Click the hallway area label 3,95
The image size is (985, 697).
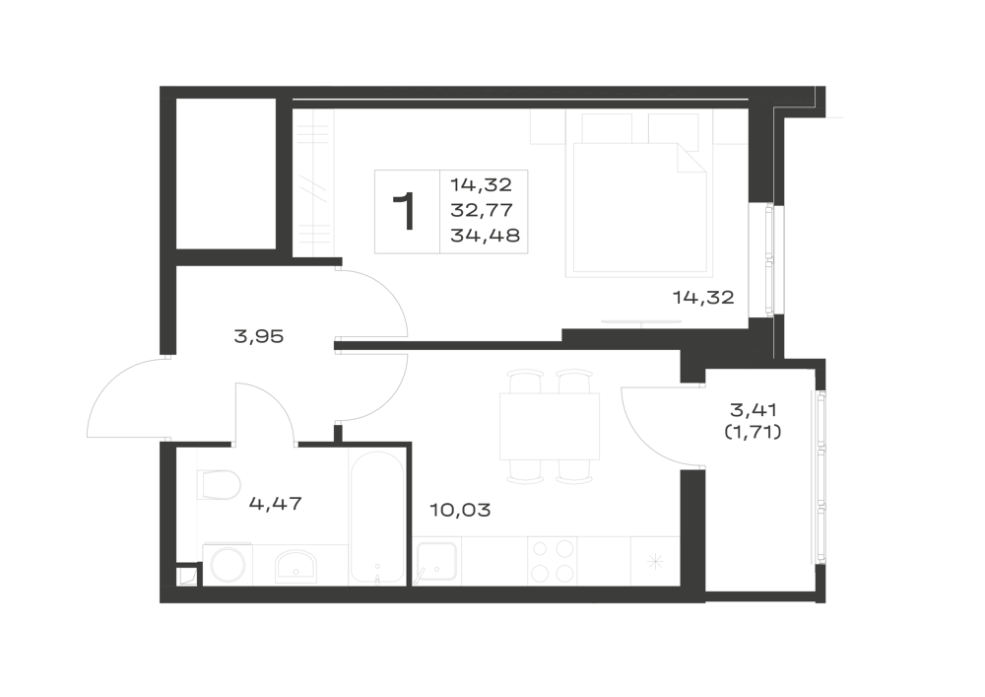[259, 337]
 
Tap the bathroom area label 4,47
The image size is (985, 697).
[276, 504]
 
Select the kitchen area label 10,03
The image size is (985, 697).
[460, 510]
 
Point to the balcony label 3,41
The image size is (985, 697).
[754, 410]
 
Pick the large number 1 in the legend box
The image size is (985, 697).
[405, 212]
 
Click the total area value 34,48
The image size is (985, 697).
[485, 236]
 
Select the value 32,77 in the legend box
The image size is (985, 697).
[482, 210]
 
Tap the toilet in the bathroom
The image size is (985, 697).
[220, 485]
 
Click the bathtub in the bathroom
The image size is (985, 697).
[377, 518]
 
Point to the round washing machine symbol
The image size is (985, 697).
[228, 564]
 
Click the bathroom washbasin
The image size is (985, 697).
[295, 566]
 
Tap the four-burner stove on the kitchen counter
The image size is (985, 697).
[553, 561]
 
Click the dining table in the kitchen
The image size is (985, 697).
[550, 427]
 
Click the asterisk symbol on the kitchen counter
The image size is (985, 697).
[655, 561]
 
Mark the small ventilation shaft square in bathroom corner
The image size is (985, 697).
[187, 577]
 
